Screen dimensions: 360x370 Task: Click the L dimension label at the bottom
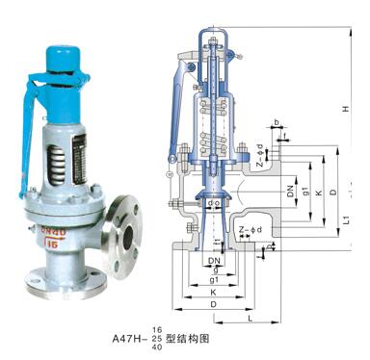pyautogui.click(x=249, y=317)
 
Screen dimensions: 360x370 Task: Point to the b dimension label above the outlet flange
pyautogui.click(x=277, y=122)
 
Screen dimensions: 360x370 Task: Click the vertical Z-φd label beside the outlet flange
pyautogui.click(x=259, y=154)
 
